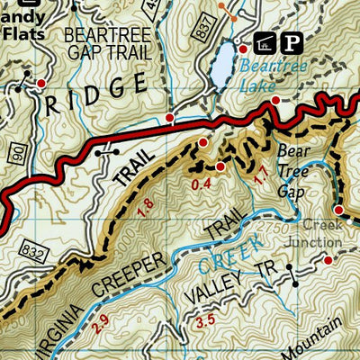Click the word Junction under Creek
point(319,241)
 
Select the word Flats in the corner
point(23,33)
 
